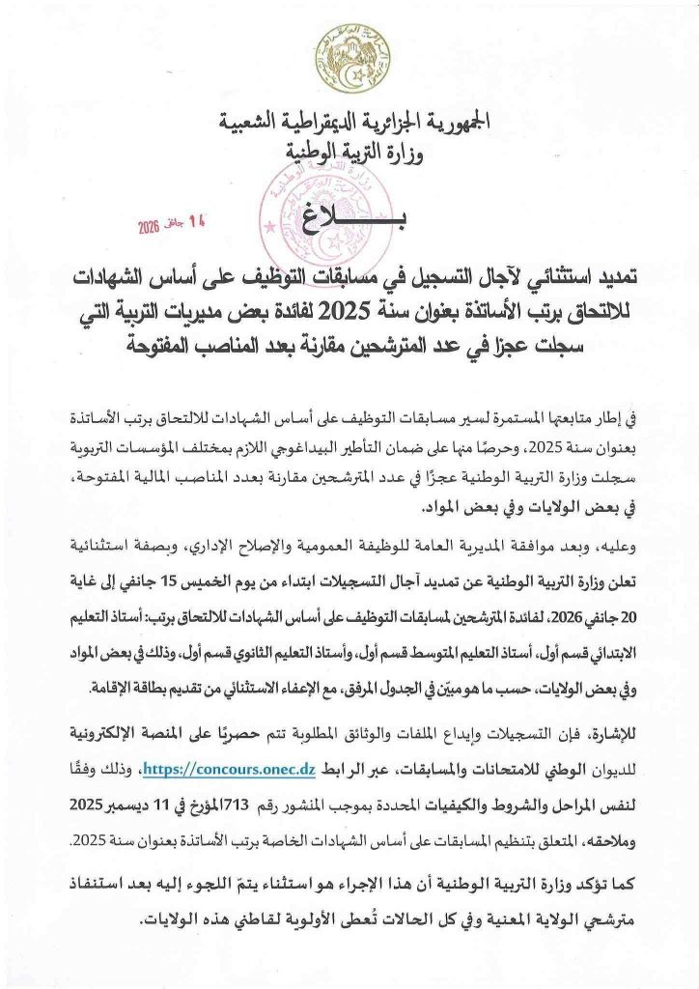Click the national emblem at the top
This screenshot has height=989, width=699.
[349, 59]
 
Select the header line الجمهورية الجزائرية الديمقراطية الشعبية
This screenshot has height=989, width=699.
[349, 124]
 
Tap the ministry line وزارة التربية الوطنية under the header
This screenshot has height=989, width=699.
[349, 153]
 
